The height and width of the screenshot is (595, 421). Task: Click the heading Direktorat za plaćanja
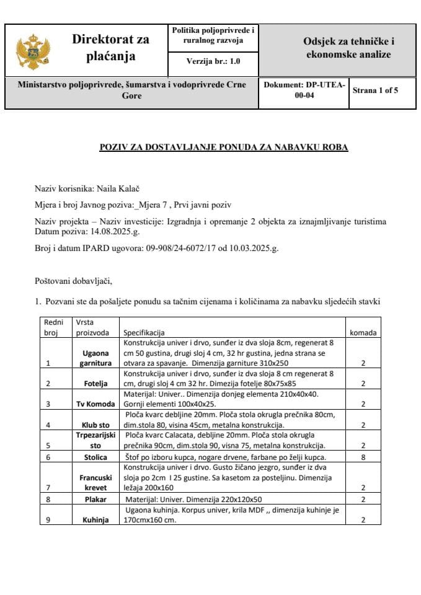point(110,48)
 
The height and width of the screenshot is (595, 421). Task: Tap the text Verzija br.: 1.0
point(213,62)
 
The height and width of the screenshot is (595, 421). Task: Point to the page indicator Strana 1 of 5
point(375,90)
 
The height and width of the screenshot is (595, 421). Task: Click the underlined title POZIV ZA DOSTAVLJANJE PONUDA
point(224,148)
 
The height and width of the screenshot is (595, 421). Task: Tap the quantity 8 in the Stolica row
point(363,457)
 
